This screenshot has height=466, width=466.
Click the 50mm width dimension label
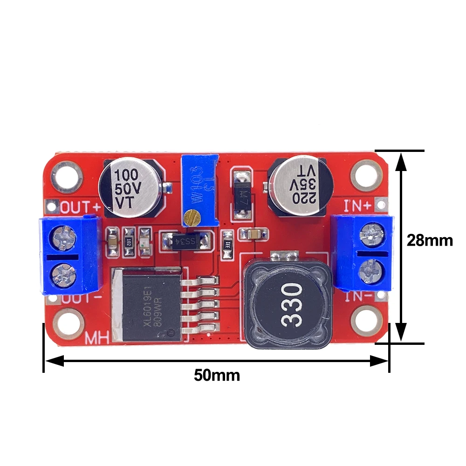click(217, 375)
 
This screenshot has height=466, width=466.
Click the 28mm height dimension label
click(429, 240)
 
